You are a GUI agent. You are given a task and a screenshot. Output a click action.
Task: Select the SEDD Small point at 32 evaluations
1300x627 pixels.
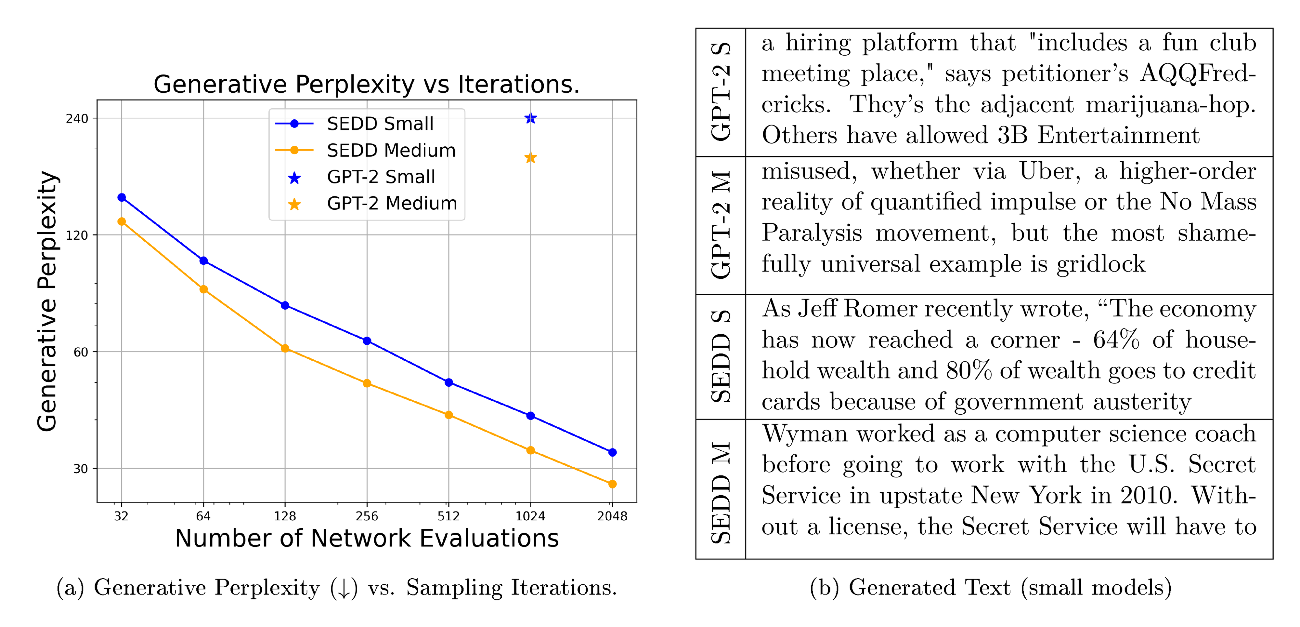pyautogui.click(x=122, y=197)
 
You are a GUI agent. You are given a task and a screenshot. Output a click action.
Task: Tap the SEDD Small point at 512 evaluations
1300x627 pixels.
pyautogui.click(x=448, y=382)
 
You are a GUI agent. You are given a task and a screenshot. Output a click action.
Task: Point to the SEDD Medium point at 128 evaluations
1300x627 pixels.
pyautogui.click(x=285, y=348)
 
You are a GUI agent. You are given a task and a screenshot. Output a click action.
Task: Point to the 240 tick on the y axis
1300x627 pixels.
pyautogui.click(x=77, y=119)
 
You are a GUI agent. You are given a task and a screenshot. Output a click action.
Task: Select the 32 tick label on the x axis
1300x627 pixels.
pyautogui.click(x=121, y=516)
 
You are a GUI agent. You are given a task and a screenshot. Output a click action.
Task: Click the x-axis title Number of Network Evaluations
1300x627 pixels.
pyautogui.click(x=367, y=538)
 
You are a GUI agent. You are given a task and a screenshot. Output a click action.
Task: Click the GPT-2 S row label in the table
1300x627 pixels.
pyautogui.click(x=721, y=92)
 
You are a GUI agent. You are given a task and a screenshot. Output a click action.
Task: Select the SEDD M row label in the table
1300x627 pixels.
pyautogui.click(x=721, y=492)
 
